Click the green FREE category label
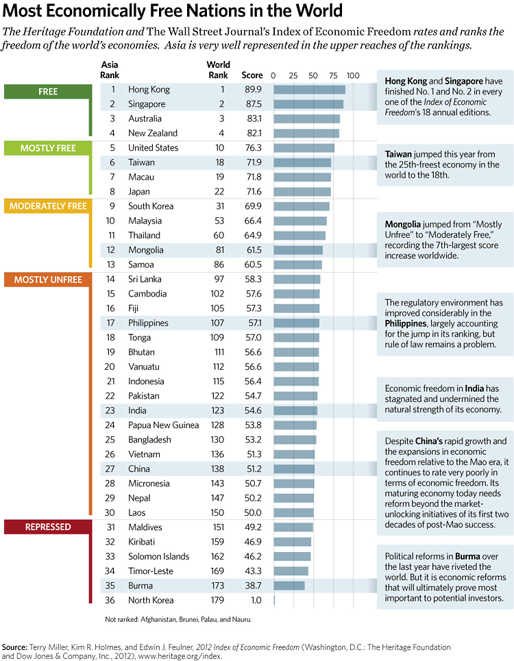(47, 91)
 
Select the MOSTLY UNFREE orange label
(47, 279)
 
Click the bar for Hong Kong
(309, 90)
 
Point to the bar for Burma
(289, 586)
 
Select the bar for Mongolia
(298, 250)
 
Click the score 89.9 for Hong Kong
(252, 90)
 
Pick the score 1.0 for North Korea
(254, 601)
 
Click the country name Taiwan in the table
(141, 162)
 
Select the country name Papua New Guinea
(163, 425)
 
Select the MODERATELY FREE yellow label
(47, 205)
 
